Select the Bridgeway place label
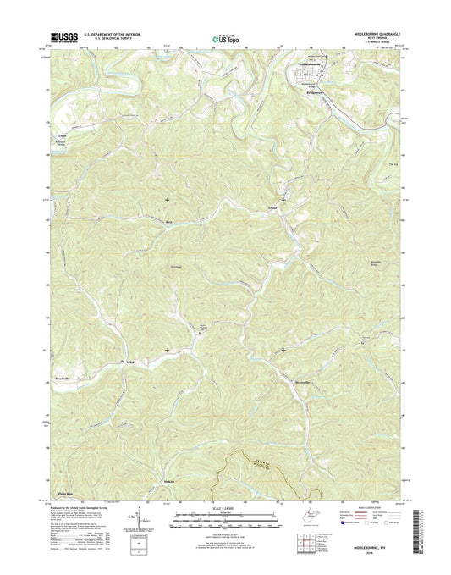tap(309, 90)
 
